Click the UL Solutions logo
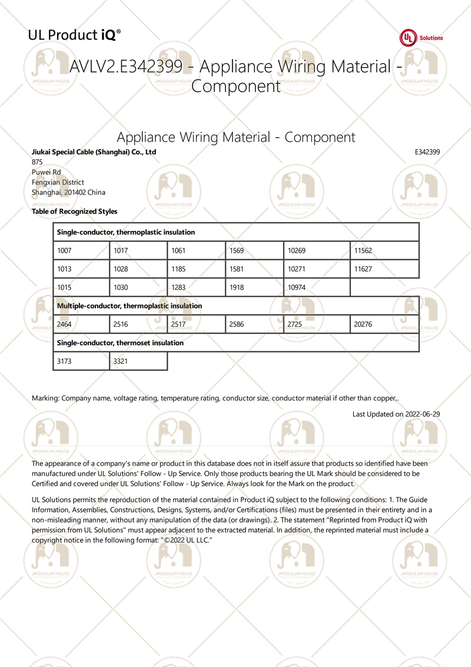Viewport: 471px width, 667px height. [x=422, y=38]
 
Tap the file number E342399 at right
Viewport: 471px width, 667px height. [x=427, y=152]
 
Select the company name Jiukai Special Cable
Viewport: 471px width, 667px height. [x=94, y=152]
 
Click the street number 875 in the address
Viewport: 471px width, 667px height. [x=37, y=162]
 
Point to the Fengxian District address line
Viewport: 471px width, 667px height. [x=58, y=183]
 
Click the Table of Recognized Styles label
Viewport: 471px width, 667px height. [x=74, y=212]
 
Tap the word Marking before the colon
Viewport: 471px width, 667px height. [x=45, y=398]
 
